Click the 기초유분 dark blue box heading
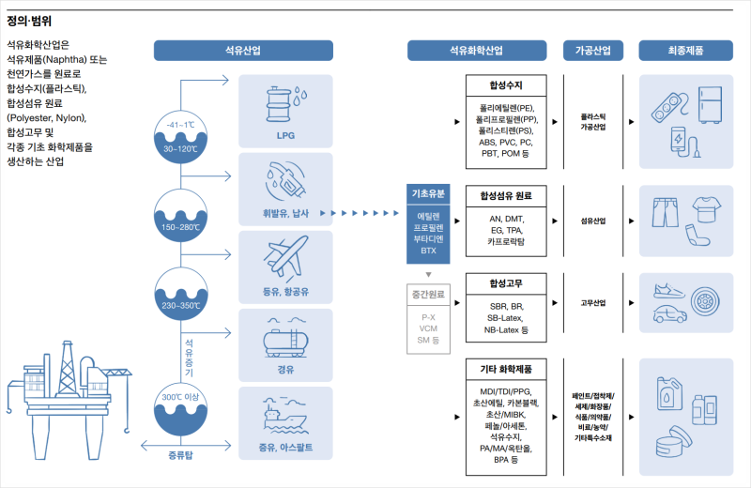tap(429, 194)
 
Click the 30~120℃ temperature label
tap(181, 148)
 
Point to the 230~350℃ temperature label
tap(181, 305)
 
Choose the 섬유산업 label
tap(593, 221)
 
